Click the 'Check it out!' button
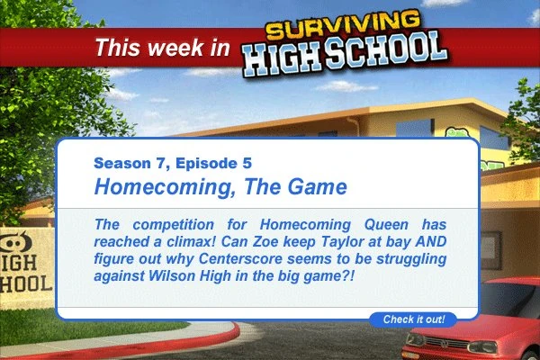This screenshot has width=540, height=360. pos(414,319)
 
